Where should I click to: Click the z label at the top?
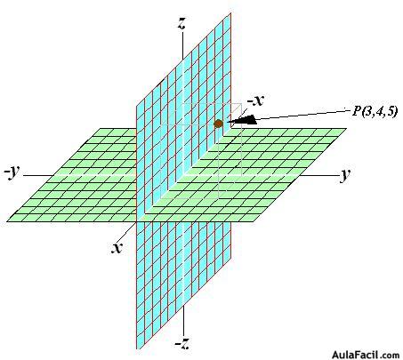coord(181,24)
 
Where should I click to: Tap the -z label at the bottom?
coord(182,343)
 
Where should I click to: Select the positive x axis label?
coord(117,247)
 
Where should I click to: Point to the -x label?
coord(255,100)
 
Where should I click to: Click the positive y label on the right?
coord(344,174)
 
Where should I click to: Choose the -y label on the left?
coord(12,172)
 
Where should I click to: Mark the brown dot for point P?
coord(218,124)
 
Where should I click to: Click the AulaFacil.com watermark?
coord(366,355)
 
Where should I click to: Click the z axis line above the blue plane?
coord(182,45)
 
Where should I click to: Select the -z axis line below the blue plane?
coord(184,321)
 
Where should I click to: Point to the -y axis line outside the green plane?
coord(38,175)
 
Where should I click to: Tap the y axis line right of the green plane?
coord(318,175)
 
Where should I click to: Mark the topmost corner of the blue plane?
coord(230,13)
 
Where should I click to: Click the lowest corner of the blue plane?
coord(137,348)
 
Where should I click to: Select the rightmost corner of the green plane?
coord(346,128)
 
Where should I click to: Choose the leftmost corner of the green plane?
coord(6,221)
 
